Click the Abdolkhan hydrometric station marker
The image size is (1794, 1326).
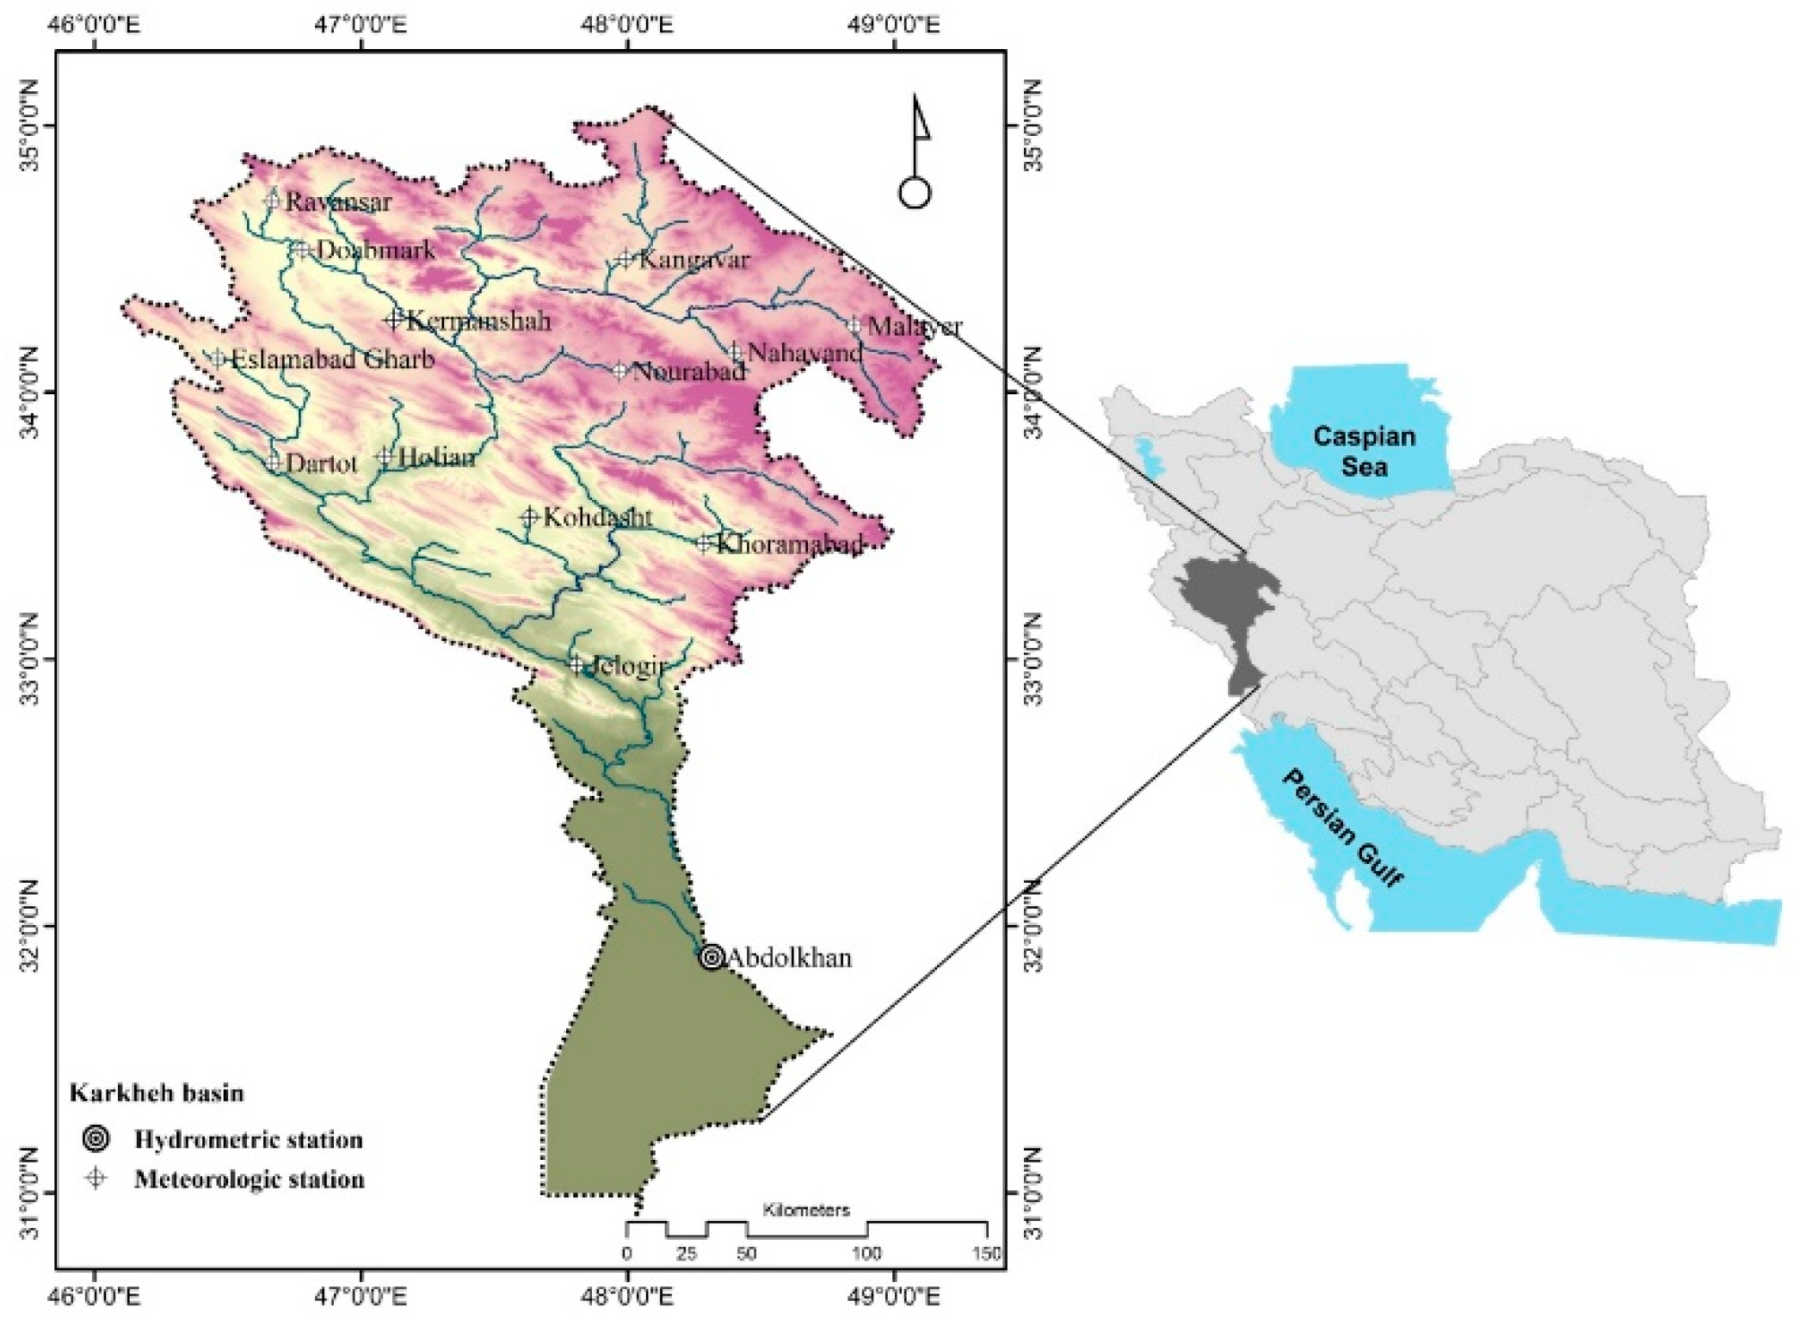711,956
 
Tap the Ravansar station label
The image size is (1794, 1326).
326,202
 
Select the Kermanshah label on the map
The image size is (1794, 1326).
478,321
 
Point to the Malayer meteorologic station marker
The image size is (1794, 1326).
854,325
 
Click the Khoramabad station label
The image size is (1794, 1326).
789,544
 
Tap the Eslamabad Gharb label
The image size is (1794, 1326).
333,359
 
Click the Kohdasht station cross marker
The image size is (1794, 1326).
529,517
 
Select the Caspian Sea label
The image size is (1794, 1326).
1363,451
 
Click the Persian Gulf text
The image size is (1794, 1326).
1343,827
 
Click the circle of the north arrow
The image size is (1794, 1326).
915,193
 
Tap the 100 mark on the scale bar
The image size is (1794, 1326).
866,1253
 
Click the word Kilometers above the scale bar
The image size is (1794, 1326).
805,1210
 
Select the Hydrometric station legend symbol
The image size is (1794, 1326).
96,1138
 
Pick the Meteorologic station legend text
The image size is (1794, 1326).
250,1178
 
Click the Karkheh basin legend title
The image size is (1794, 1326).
157,1093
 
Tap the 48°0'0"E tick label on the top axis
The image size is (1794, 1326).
627,23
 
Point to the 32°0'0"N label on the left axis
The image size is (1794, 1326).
29,927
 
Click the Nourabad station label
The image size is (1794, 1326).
688,372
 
